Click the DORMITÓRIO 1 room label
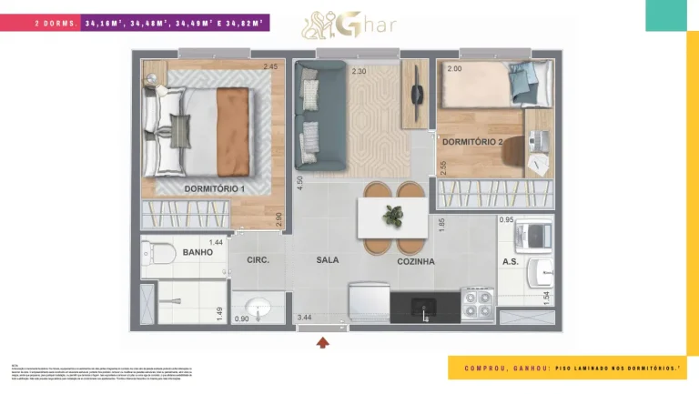point(214,188)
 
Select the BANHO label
point(198,252)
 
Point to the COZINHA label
point(415,261)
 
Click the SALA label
point(327,260)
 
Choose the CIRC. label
point(258,260)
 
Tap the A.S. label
point(511,261)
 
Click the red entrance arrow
point(321,343)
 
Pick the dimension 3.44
point(304,318)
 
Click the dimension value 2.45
point(270,66)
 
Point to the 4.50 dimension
point(299,181)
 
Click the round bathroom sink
point(254,306)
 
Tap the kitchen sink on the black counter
point(423,308)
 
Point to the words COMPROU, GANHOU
point(501,368)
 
